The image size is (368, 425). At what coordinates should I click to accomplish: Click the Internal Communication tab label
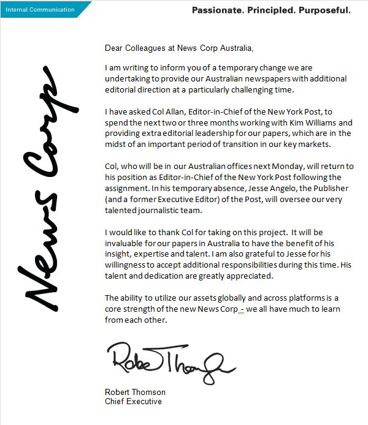[x=40, y=9]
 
